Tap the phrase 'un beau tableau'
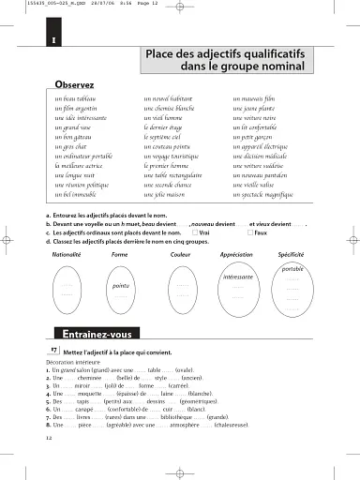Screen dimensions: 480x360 (76, 97)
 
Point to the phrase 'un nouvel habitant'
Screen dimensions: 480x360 (169, 97)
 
